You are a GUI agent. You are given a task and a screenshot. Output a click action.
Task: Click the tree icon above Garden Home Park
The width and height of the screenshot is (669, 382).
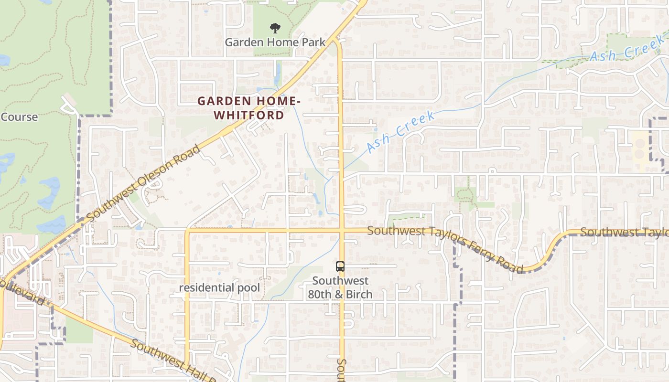tap(275, 28)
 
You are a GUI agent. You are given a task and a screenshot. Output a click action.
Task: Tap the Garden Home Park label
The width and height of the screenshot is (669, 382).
tap(275, 42)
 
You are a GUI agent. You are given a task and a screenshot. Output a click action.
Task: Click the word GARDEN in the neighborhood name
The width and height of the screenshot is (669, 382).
tap(224, 101)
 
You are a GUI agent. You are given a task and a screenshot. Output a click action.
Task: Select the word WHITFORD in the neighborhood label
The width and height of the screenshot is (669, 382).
tap(248, 115)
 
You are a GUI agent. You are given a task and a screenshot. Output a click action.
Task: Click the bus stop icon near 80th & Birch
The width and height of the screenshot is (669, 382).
tap(340, 266)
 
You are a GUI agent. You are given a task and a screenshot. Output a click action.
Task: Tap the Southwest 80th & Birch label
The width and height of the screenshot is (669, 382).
tap(340, 287)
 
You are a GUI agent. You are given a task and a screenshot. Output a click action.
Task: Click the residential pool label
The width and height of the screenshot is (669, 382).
tap(220, 287)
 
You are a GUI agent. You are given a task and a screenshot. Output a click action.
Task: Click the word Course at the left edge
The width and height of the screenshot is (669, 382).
tap(19, 117)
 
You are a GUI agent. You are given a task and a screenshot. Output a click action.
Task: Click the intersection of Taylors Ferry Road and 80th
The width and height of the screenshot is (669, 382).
tap(342, 231)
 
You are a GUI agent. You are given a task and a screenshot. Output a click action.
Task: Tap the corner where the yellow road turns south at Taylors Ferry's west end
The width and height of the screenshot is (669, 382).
tap(187, 231)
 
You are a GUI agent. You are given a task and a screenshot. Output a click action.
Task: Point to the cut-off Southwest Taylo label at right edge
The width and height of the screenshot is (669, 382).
tap(624, 232)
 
